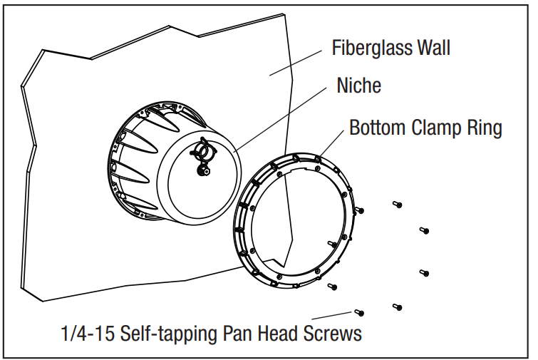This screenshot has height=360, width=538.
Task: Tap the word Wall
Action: tap(430, 48)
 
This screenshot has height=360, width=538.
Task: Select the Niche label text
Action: tap(358, 86)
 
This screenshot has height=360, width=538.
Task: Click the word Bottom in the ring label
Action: tap(378, 128)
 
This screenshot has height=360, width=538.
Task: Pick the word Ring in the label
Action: tap(486, 128)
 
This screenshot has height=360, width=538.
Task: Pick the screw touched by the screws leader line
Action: tap(359, 312)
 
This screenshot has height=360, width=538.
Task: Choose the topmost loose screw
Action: tap(396, 205)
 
